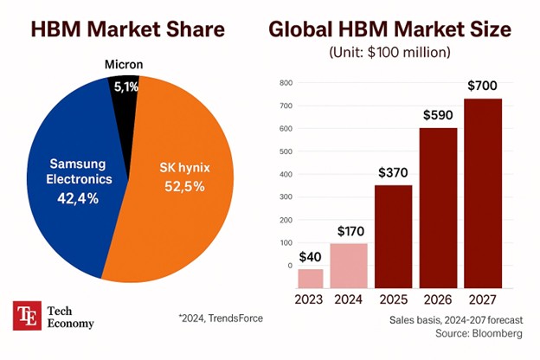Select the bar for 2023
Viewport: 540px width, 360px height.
[x=310, y=279]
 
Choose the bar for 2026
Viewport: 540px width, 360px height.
[x=437, y=208]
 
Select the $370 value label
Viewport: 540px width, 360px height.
[x=394, y=171]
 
